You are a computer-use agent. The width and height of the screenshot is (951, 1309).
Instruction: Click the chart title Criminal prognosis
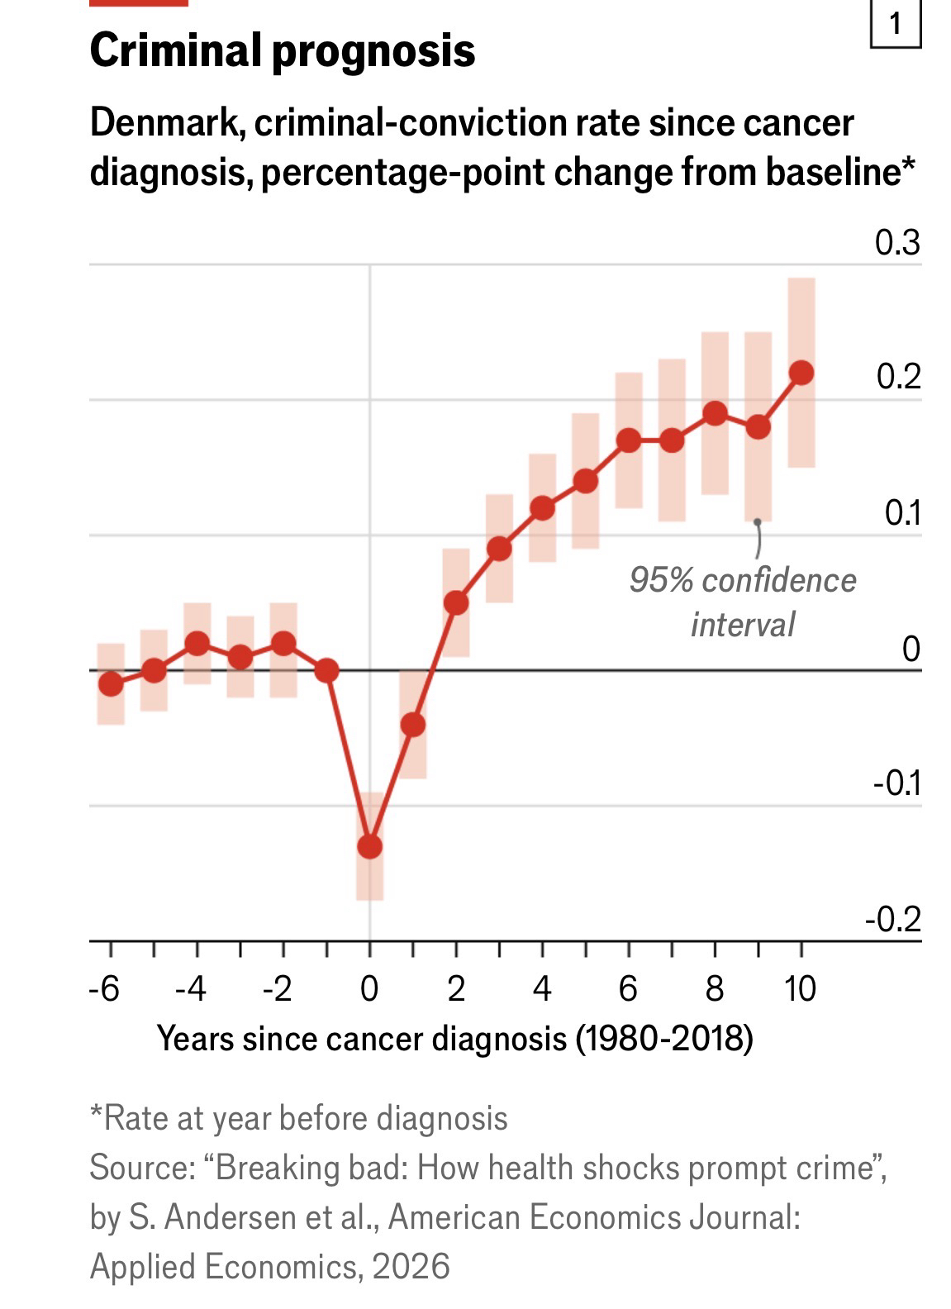tap(282, 50)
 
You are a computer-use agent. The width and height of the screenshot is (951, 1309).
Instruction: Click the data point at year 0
tap(369, 846)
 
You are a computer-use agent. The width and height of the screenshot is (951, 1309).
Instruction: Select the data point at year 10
tap(801, 373)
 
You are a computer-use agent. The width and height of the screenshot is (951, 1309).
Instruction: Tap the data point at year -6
tap(111, 683)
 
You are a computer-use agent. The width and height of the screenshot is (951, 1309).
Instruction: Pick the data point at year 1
tap(413, 725)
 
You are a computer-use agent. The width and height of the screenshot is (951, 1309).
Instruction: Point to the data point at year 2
tap(456, 602)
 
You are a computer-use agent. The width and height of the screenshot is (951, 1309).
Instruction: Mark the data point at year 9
tap(758, 427)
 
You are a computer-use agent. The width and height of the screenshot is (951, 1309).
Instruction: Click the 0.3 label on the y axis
tap(897, 244)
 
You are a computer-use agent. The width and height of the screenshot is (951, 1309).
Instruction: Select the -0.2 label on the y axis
tap(892, 919)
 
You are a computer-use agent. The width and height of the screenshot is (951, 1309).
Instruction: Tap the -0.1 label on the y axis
tap(896, 783)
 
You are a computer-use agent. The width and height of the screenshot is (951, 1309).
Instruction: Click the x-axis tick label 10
tap(800, 988)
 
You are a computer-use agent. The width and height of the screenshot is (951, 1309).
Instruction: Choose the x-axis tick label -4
tap(191, 988)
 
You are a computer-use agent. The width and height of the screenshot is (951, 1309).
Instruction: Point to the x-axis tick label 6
tap(628, 988)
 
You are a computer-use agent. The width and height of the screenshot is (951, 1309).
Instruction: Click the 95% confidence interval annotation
tap(742, 602)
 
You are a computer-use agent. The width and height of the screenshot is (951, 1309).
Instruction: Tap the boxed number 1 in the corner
tap(896, 25)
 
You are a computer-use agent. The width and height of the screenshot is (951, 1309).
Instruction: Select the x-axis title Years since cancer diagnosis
tap(454, 1038)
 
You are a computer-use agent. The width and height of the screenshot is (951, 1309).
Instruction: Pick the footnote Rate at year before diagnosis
tap(298, 1118)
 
